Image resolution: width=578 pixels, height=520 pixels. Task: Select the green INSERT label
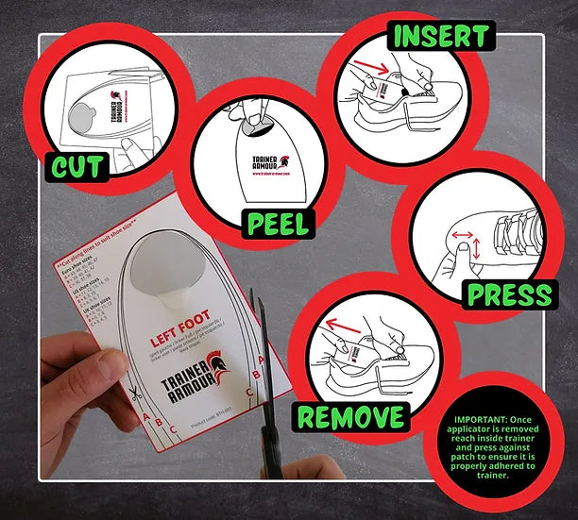440,37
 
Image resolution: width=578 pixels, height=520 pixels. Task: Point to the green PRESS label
508,294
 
